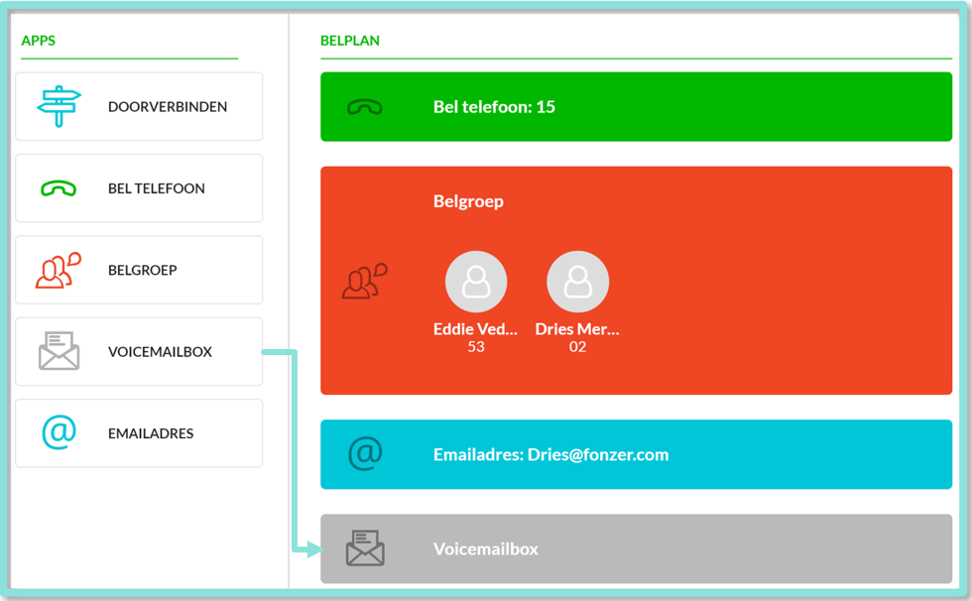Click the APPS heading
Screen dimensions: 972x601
(x=39, y=41)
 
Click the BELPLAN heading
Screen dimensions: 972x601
(x=349, y=41)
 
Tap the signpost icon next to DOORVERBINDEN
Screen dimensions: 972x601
(x=59, y=106)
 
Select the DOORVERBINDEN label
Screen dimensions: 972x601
(x=168, y=106)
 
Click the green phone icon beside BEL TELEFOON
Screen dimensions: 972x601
(x=59, y=188)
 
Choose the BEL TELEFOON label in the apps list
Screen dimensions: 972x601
(x=157, y=188)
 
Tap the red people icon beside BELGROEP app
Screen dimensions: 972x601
(x=59, y=270)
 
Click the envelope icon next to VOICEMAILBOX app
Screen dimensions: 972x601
(x=59, y=351)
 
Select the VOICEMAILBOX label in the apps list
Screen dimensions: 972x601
(x=160, y=352)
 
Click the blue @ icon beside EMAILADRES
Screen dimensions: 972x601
(x=59, y=431)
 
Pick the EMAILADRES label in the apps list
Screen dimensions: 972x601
(x=151, y=433)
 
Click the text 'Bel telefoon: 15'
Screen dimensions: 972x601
(x=494, y=107)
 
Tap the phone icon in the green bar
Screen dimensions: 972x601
(x=365, y=107)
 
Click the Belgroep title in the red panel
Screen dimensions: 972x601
(x=468, y=202)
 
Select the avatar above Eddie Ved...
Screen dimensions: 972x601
(x=476, y=282)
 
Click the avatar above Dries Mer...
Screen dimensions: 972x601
(x=577, y=282)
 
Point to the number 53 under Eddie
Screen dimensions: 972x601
(x=476, y=347)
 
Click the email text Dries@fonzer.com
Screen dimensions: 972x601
(x=598, y=455)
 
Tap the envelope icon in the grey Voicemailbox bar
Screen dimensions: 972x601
(x=365, y=547)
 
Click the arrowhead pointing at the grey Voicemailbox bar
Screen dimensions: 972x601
(x=315, y=548)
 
